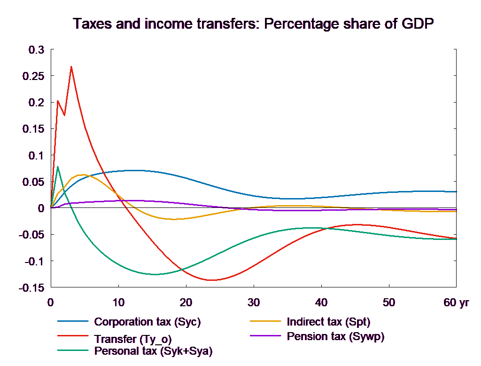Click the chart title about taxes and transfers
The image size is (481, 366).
[x=253, y=24]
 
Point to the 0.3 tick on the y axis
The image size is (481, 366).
[x=36, y=50]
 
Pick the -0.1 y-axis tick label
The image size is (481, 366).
[x=34, y=262]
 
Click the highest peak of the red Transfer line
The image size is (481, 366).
[x=71, y=66]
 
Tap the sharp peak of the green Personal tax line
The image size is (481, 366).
[x=57, y=167]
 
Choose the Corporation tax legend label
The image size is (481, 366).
[x=147, y=322]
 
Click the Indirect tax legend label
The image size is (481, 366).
[x=328, y=322]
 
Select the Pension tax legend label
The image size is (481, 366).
[x=335, y=336]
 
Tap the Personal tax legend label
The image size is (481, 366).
[x=153, y=351]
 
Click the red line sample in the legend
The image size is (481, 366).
[x=73, y=336]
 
